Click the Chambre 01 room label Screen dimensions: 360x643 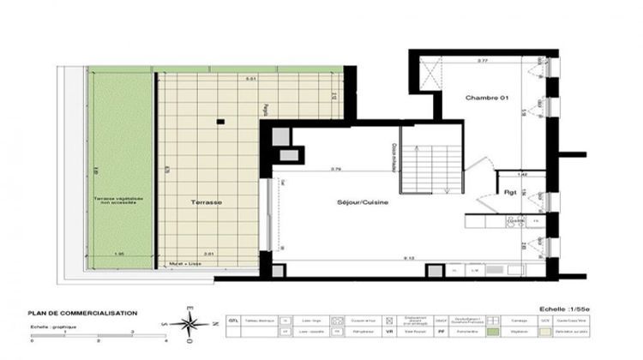click(487, 99)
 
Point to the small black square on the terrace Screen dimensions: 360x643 click(220, 122)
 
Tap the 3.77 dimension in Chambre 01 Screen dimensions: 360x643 click(483, 61)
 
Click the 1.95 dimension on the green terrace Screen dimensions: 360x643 click(118, 255)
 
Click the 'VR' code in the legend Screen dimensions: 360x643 click(391, 331)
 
